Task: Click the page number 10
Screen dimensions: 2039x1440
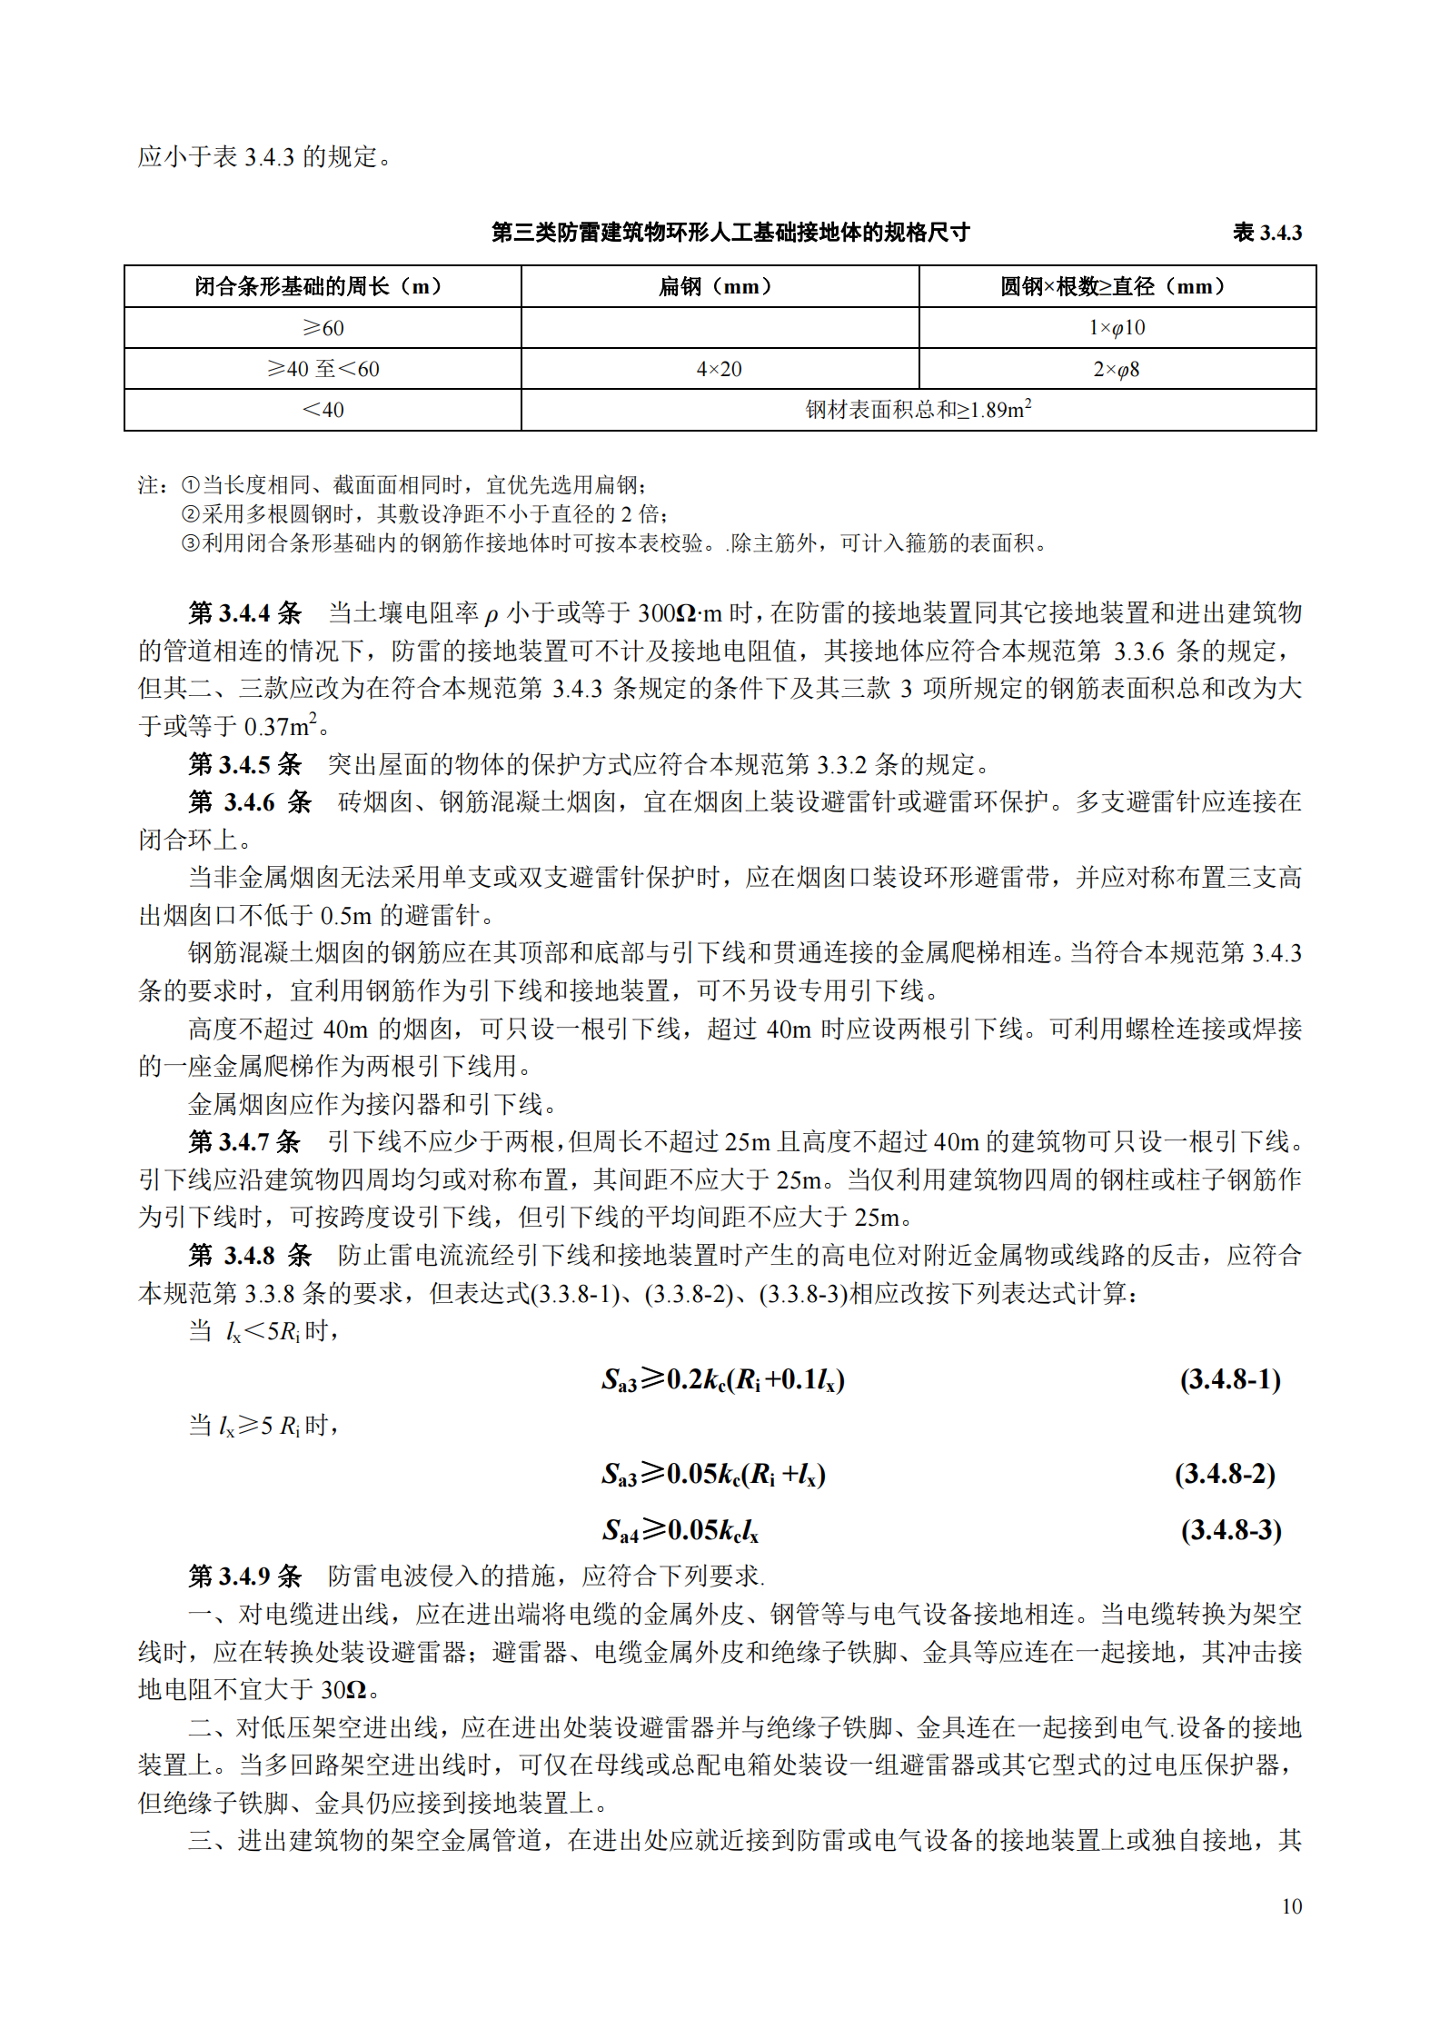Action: pyautogui.click(x=1291, y=1906)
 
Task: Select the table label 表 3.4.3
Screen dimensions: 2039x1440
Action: pyautogui.click(x=1266, y=233)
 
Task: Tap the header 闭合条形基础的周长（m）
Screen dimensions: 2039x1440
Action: pyautogui.click(x=322, y=286)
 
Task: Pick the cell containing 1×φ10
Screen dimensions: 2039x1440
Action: pyautogui.click(x=1117, y=327)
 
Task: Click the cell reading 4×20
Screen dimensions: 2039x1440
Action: pyautogui.click(x=719, y=369)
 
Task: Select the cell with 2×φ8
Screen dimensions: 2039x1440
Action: pyautogui.click(x=1117, y=369)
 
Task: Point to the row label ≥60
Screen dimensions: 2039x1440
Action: pyautogui.click(x=323, y=327)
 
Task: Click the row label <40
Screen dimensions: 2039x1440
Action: pyautogui.click(x=323, y=410)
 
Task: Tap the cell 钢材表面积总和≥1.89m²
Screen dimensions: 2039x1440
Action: pyautogui.click(x=918, y=410)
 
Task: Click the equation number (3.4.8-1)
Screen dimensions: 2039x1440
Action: pyautogui.click(x=1230, y=1380)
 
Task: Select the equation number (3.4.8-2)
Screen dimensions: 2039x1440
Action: pyautogui.click(x=1225, y=1473)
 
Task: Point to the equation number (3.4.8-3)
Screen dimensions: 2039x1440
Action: pyautogui.click(x=1231, y=1530)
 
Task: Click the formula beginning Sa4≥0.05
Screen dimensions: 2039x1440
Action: pyautogui.click(x=680, y=1531)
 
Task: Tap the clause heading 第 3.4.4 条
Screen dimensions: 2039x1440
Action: pyautogui.click(x=244, y=613)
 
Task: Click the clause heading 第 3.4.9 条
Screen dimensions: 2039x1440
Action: pyautogui.click(x=244, y=1576)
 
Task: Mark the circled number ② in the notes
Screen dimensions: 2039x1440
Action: pyautogui.click(x=190, y=514)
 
